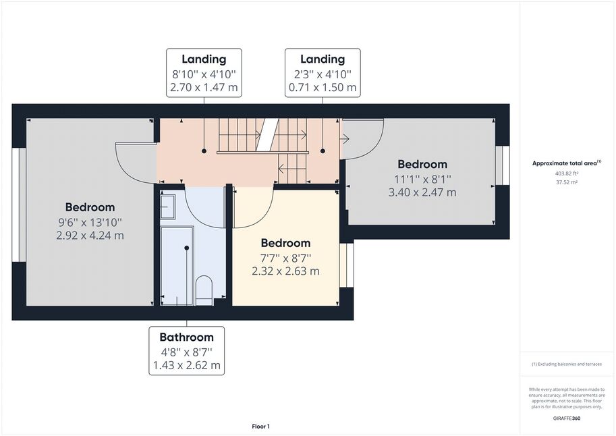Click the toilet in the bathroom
click(x=204, y=290)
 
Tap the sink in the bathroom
click(x=168, y=207)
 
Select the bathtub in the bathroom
click(x=177, y=266)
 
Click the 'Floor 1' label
click(x=261, y=426)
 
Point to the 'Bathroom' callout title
click(x=187, y=337)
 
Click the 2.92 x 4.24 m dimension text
click(x=90, y=236)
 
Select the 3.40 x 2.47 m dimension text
click(x=422, y=192)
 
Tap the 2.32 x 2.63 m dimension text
click(x=285, y=271)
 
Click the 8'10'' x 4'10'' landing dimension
click(x=204, y=74)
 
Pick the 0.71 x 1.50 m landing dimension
click(x=323, y=87)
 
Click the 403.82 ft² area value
click(x=567, y=173)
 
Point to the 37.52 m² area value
click(x=567, y=182)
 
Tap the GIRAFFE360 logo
click(x=567, y=418)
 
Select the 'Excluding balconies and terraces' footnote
click(x=567, y=364)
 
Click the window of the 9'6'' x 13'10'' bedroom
click(x=19, y=205)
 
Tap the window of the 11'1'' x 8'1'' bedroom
click(x=503, y=165)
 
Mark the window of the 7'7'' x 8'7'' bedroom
click(x=347, y=265)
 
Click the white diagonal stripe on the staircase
click(x=267, y=134)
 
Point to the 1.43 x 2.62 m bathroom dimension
click(x=187, y=365)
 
